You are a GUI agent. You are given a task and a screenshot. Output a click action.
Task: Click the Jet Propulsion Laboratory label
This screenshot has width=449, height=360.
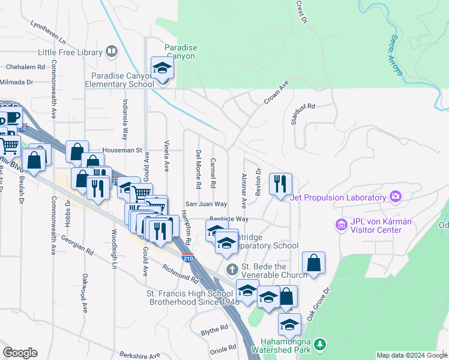337,198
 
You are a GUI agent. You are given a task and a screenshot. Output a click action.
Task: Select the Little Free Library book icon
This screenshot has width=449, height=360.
111,52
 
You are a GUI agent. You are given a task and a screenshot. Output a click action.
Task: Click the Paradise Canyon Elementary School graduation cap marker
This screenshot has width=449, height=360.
161,68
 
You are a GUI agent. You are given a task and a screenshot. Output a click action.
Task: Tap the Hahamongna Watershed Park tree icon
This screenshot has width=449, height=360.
321,344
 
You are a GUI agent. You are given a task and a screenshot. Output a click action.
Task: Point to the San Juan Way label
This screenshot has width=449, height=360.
205,204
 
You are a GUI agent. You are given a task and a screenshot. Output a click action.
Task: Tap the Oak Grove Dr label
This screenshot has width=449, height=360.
319,306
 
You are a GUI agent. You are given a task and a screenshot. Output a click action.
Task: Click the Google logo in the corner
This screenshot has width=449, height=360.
20,353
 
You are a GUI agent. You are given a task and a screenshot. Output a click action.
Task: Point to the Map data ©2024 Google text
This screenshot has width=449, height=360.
412,355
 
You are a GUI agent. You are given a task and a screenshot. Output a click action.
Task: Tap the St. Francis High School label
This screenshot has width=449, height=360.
193,293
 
